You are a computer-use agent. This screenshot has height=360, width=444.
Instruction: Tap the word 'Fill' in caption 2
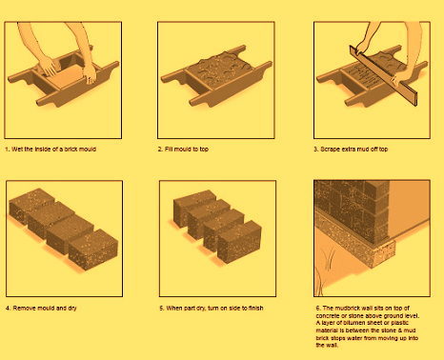(x=170, y=150)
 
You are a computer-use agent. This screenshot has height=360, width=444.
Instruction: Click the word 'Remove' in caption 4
(x=24, y=308)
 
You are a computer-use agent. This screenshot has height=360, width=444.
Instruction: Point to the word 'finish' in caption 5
(x=255, y=308)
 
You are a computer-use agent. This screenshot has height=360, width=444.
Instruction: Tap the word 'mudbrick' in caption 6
(x=349, y=308)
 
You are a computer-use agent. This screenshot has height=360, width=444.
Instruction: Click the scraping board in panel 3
(x=383, y=76)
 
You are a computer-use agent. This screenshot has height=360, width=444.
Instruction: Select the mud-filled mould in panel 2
(x=216, y=76)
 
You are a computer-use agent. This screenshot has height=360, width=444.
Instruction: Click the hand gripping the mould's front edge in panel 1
(x=90, y=74)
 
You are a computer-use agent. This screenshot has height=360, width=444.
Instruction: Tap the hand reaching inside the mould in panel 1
(x=49, y=67)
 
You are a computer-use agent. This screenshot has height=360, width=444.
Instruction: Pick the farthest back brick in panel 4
(x=30, y=205)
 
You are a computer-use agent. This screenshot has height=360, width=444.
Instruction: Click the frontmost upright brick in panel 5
(x=239, y=242)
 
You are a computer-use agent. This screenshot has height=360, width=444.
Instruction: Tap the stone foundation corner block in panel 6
(x=383, y=254)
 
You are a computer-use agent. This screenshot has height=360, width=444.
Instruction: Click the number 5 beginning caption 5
(x=161, y=308)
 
